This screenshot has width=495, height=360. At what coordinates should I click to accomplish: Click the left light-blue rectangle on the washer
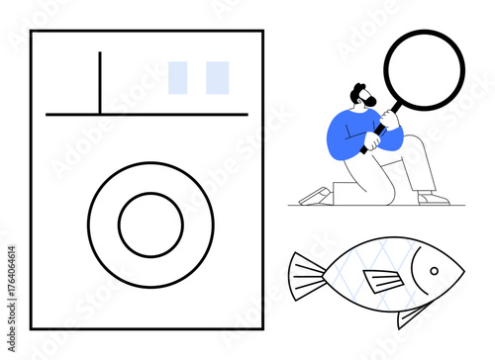(178, 78)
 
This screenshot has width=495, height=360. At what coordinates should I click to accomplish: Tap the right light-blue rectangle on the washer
(218, 78)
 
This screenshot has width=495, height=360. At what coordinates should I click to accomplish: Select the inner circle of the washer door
(150, 225)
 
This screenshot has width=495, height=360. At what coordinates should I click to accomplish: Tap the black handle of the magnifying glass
(377, 133)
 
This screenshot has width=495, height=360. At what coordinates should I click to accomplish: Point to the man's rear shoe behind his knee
(315, 195)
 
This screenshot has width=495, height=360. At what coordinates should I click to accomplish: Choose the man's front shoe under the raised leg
(433, 198)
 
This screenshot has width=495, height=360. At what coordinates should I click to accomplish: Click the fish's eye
(432, 269)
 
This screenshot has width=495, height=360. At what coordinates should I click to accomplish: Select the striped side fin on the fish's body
(382, 282)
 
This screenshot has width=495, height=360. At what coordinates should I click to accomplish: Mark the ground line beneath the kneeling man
(375, 206)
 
